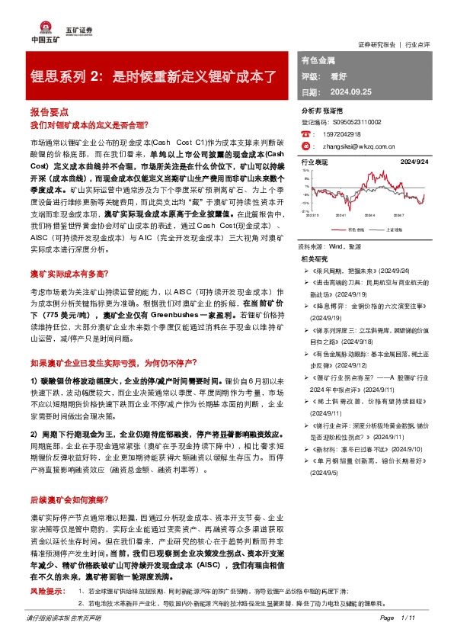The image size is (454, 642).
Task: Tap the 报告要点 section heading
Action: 49,111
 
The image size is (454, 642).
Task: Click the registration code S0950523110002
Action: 353,121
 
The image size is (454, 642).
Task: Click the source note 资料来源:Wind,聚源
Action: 330,248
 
